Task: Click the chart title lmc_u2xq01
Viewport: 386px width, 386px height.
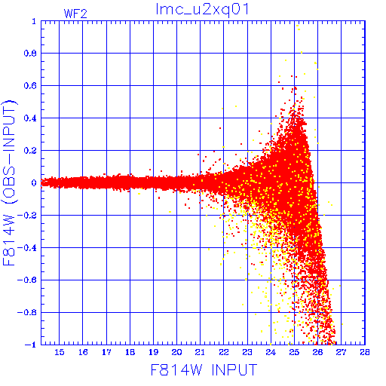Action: coord(202,10)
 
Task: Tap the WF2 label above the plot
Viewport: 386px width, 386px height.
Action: coord(75,14)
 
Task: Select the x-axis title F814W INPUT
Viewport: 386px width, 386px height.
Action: coord(204,369)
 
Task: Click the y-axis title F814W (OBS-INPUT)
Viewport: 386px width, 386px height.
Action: coord(9,182)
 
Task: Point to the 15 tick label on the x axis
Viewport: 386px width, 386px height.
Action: coord(60,352)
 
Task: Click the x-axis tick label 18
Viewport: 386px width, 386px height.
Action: coord(130,352)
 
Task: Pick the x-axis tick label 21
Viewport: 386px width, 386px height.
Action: coord(200,352)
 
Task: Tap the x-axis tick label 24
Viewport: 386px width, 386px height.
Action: coord(271,352)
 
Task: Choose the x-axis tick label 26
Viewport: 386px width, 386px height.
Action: coord(317,352)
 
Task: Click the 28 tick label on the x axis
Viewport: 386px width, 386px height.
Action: coord(365,352)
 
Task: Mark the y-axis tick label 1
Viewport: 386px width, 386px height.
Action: coord(34,21)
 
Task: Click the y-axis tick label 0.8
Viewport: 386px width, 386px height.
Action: coord(30,54)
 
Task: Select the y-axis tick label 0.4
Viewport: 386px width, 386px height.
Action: coord(30,118)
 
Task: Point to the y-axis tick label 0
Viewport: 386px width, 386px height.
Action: coord(34,183)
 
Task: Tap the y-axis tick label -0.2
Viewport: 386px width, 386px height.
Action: coord(27,216)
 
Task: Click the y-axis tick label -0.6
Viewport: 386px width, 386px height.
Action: coord(27,280)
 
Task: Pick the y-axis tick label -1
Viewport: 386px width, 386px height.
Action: coord(30,345)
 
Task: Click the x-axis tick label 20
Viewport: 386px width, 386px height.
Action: coord(176,352)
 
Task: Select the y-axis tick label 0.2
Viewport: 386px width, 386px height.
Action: coord(30,151)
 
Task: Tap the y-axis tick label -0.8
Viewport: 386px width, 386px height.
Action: coord(27,312)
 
